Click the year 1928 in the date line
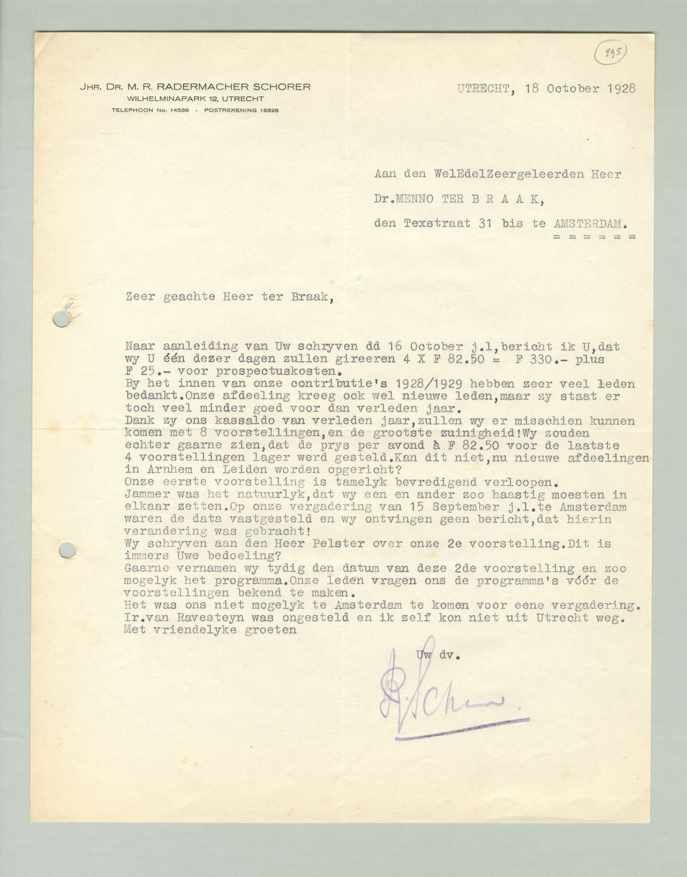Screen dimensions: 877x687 pos(622,88)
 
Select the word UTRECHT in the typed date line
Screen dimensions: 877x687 pos(483,88)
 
